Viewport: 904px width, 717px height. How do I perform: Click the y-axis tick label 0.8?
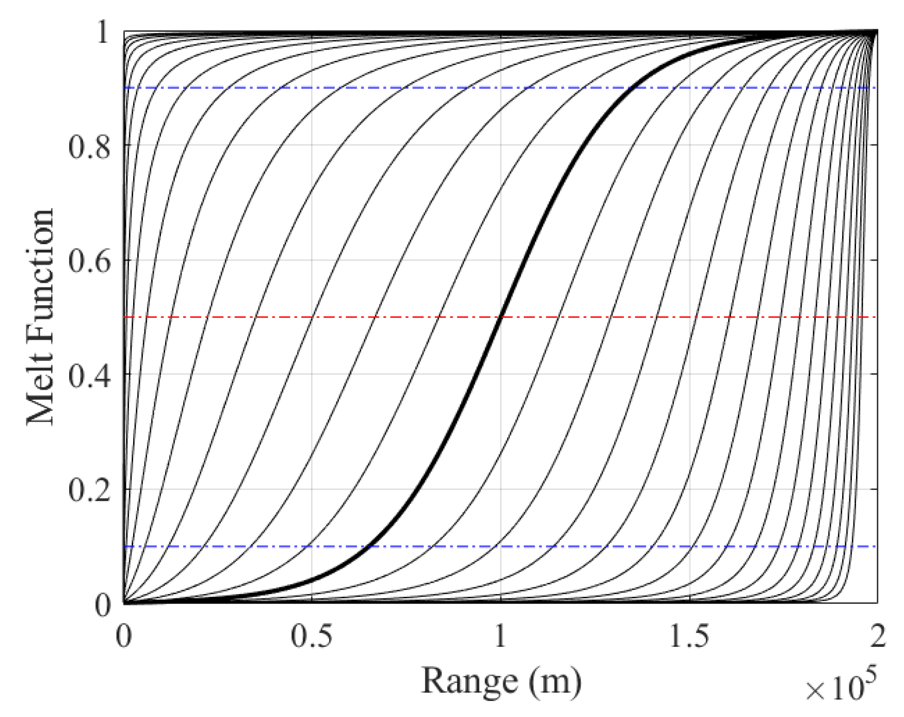coord(89,147)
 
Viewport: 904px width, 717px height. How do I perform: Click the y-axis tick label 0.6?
coord(89,261)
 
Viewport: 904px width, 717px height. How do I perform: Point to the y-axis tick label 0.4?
coord(89,376)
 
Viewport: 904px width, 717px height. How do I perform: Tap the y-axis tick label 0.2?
coord(89,490)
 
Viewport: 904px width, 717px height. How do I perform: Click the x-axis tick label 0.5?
coord(312,636)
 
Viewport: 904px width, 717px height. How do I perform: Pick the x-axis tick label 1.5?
coord(689,636)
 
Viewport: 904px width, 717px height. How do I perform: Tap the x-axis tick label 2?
coord(878,636)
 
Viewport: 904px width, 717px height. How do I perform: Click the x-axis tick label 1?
coord(500,636)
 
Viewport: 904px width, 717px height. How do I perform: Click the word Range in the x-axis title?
coord(470,681)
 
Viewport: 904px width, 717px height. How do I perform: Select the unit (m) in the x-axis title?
coord(555,681)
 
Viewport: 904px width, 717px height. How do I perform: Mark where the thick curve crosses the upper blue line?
coord(634,88)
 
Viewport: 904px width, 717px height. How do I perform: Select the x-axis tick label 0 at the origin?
coord(124,636)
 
